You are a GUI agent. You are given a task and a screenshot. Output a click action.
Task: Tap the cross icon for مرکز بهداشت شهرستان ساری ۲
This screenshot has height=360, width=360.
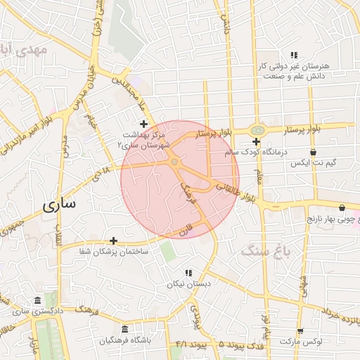(144, 124)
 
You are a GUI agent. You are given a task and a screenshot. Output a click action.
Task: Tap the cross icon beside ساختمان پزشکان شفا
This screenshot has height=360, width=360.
(113, 241)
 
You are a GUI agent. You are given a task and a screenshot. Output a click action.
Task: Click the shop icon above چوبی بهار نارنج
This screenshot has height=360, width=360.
(342, 208)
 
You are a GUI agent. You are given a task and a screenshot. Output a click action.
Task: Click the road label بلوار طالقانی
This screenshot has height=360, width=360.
(238, 193)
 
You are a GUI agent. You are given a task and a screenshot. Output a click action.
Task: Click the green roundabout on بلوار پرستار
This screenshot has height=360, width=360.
(258, 129)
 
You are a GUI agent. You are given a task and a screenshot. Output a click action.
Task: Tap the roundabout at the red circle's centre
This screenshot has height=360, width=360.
(174, 162)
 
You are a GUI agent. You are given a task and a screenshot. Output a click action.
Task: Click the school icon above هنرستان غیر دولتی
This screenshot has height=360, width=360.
(295, 55)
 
